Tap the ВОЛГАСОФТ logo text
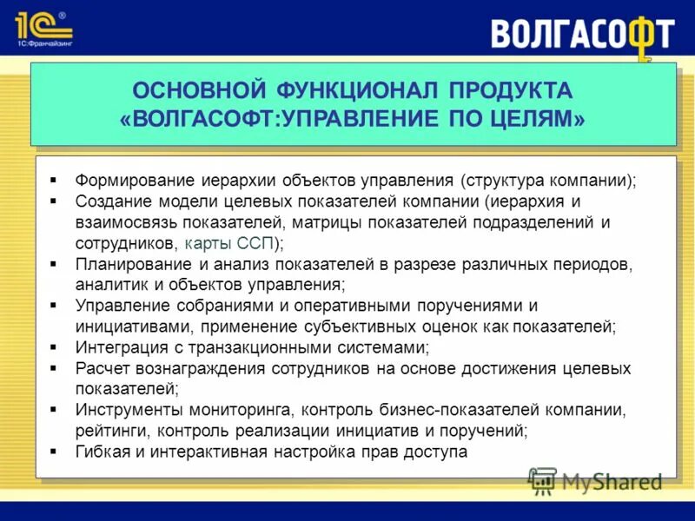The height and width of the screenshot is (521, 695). tap(582, 34)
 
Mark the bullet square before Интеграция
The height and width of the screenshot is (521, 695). tap(54, 347)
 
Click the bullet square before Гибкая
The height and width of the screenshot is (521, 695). tap(54, 452)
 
